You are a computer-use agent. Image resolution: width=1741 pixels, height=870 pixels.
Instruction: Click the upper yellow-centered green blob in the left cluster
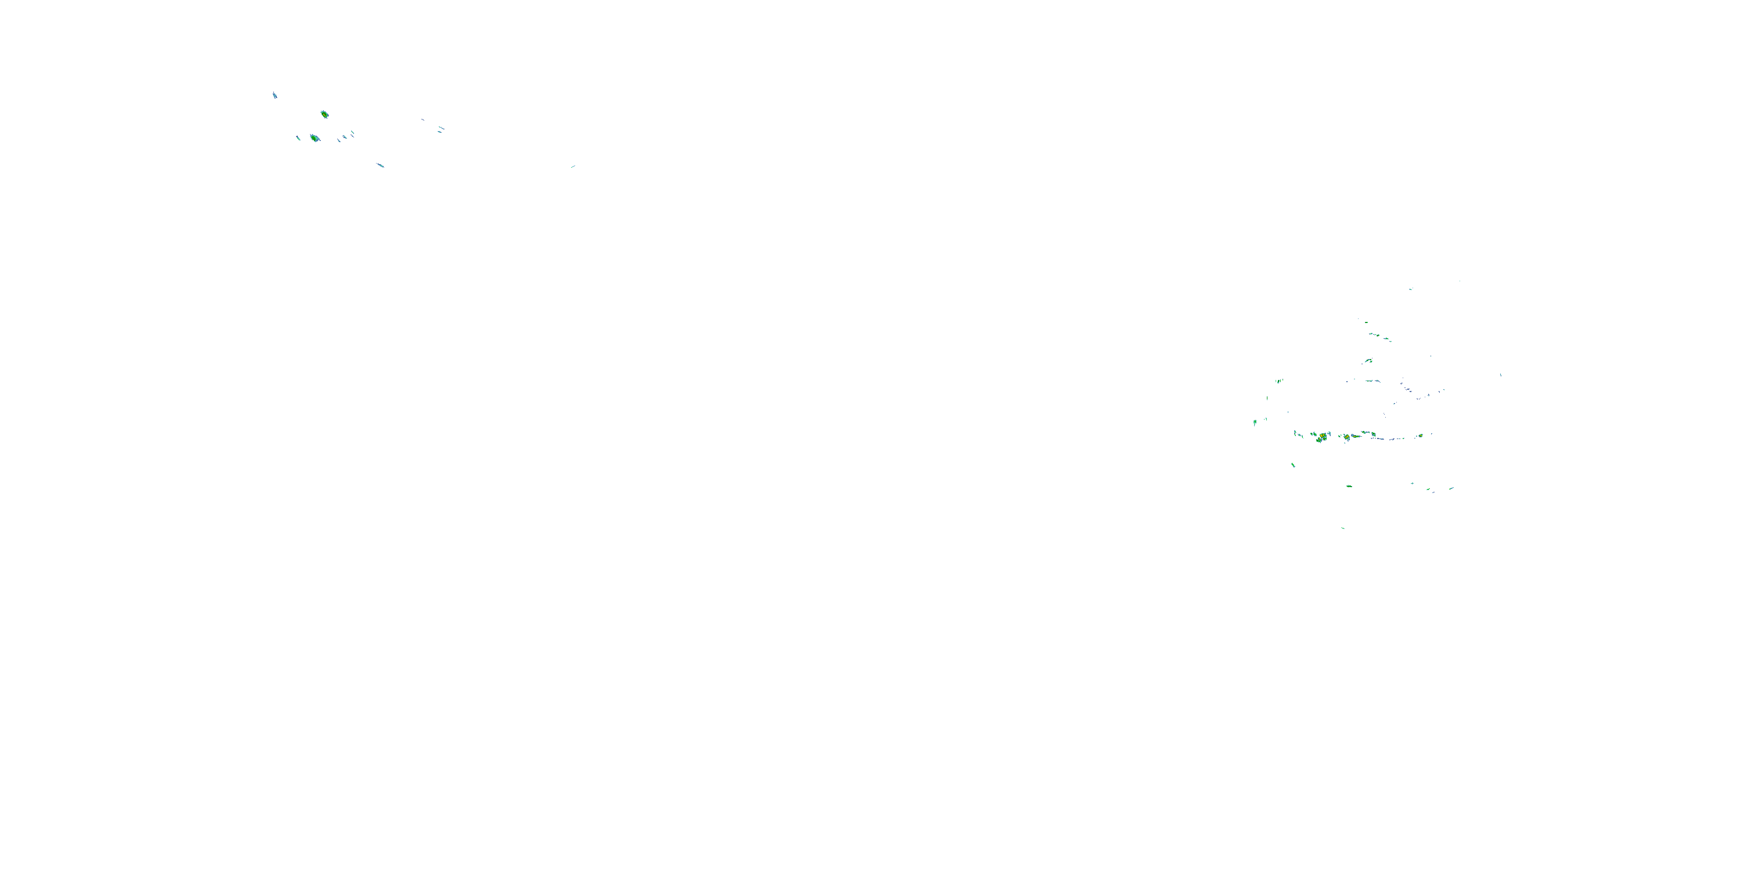click(324, 114)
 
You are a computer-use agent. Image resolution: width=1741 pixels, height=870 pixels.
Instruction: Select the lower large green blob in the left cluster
click(315, 138)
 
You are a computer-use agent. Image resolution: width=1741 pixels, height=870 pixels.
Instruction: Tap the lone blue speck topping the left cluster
click(274, 95)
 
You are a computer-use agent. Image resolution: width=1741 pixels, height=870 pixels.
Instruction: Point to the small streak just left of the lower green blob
click(298, 138)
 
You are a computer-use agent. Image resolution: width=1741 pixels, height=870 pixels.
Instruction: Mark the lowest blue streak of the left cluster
click(381, 165)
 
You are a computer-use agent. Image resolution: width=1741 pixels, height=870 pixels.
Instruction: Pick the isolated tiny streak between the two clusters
click(572, 166)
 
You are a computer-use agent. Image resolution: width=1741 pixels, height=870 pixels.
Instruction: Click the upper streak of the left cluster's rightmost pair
click(441, 127)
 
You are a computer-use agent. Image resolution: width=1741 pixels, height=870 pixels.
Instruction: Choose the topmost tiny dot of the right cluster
click(1460, 281)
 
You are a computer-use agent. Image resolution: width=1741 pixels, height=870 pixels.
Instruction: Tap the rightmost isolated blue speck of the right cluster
click(1500, 374)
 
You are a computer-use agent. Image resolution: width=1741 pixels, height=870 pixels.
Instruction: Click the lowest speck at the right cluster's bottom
click(1343, 528)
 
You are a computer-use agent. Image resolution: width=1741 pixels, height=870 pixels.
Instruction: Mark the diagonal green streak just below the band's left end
click(1293, 465)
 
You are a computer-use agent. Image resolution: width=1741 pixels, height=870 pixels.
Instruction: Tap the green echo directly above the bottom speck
click(1349, 485)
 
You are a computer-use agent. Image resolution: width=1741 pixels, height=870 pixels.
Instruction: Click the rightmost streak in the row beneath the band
click(1451, 488)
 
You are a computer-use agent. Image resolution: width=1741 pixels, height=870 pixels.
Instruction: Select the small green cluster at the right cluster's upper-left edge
click(1278, 381)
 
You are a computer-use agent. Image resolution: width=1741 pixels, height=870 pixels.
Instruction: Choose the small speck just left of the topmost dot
click(1411, 289)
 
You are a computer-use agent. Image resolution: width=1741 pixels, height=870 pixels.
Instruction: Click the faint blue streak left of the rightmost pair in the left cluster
click(423, 120)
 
